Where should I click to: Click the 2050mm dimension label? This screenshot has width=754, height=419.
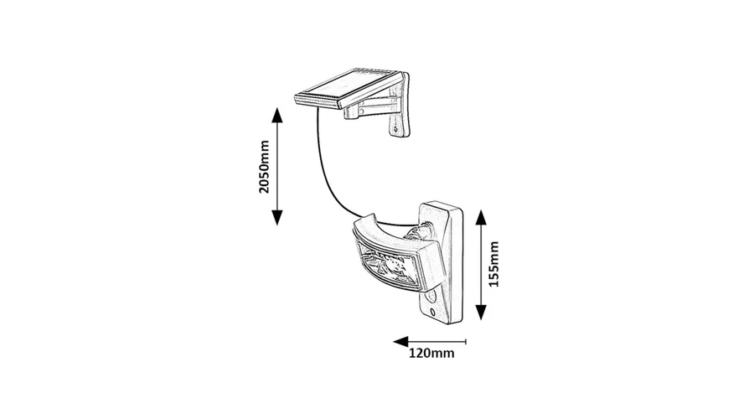click(x=264, y=167)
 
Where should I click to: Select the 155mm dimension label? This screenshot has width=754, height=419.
click(x=493, y=264)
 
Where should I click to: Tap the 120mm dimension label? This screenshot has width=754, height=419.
click(x=431, y=353)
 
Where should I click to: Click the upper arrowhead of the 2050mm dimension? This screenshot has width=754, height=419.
click(x=276, y=116)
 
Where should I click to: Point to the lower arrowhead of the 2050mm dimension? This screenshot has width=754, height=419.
click(x=276, y=217)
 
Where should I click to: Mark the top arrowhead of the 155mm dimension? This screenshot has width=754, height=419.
click(x=481, y=218)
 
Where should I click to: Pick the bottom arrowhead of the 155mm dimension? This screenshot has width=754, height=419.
click(x=481, y=313)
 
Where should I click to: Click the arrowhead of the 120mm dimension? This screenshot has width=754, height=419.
click(x=400, y=342)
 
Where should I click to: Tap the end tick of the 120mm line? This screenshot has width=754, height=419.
click(x=466, y=342)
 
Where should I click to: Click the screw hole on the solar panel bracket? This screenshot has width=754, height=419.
click(x=395, y=129)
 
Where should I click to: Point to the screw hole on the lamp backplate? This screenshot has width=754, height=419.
click(x=433, y=311)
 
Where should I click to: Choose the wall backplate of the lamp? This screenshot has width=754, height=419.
click(x=441, y=262)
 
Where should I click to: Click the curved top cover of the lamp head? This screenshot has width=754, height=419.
click(x=387, y=235)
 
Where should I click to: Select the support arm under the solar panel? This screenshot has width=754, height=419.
click(x=372, y=107)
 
